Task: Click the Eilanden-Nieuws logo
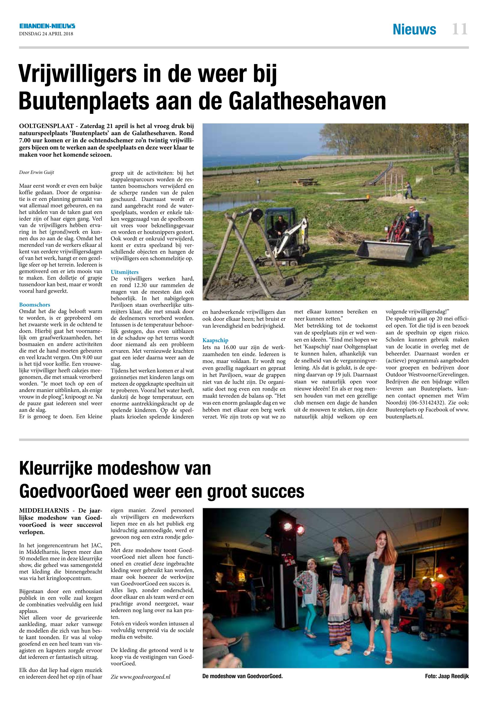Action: tap(47, 27)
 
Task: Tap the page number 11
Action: tap(460, 30)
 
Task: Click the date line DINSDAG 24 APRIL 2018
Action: tap(46, 34)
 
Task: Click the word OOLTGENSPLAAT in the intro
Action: tap(45, 126)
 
